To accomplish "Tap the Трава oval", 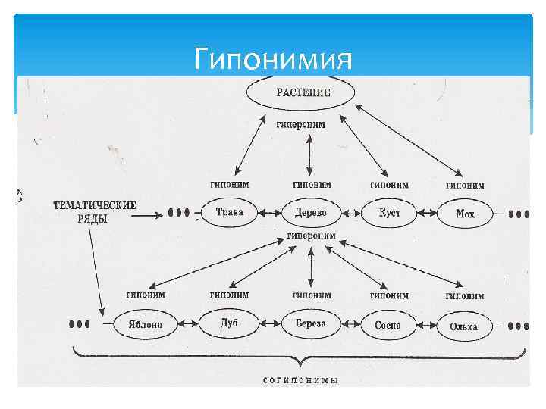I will (x=229, y=213).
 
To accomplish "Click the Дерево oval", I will (x=311, y=213).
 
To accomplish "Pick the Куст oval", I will (x=390, y=213).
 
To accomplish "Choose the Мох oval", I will (x=465, y=214).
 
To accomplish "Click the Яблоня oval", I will (x=144, y=326).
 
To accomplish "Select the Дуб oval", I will (x=229, y=323).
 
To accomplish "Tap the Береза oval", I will (x=311, y=323).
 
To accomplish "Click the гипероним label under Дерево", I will (x=311, y=236).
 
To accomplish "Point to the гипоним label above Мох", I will (x=465, y=184).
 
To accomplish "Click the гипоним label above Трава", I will (x=229, y=184).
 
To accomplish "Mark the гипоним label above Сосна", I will (x=389, y=295).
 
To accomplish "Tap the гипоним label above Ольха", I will (x=464, y=295).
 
